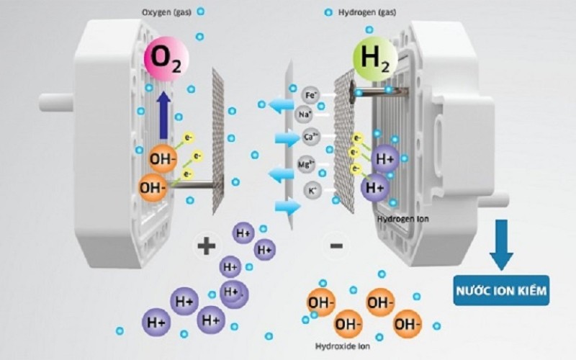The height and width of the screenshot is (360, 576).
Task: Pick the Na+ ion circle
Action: (x=305, y=114)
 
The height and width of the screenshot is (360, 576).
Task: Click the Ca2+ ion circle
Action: (x=311, y=137)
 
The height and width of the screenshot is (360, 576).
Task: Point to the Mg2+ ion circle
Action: (x=305, y=164)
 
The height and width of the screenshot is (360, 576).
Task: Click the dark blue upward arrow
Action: (x=163, y=116)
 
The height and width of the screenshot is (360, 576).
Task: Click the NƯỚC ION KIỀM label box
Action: (x=501, y=290)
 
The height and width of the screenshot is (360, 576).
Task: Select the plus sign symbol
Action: (x=206, y=246)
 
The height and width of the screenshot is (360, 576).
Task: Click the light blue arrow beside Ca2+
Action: (x=287, y=138)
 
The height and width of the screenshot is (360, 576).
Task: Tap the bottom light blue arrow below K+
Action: (x=287, y=207)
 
